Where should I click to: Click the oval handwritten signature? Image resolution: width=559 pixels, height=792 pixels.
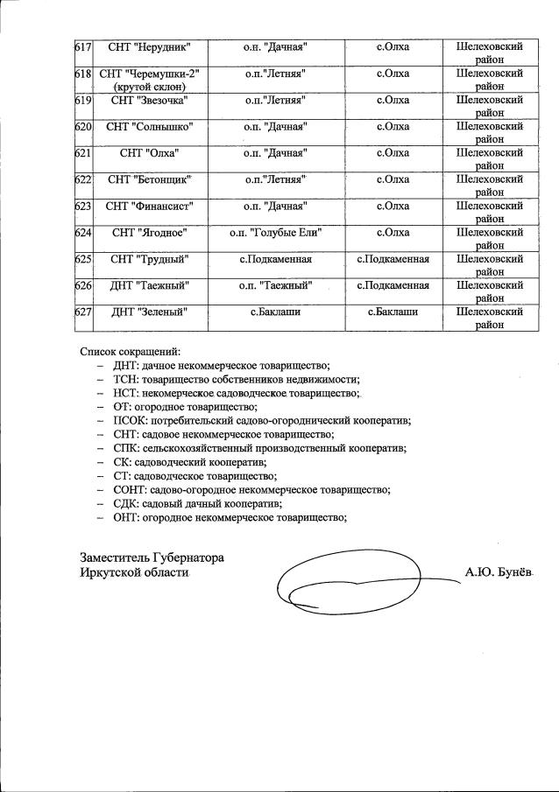(350, 581)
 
